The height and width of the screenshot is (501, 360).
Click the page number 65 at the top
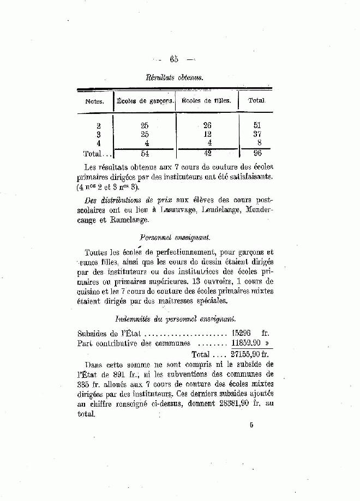tap(175, 59)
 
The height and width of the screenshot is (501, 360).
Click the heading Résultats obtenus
tap(174, 78)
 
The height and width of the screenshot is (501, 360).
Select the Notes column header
tap(94, 101)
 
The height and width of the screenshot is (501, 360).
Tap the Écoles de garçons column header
tap(145, 101)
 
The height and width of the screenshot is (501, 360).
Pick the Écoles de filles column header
tap(206, 101)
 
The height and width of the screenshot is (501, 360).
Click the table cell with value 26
tap(207, 125)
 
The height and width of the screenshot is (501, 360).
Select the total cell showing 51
tap(257, 125)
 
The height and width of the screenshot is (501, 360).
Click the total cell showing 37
tap(257, 134)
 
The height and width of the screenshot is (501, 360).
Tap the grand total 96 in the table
tap(257, 153)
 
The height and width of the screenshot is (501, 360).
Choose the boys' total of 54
tap(145, 153)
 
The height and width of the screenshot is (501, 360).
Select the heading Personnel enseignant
tap(175, 238)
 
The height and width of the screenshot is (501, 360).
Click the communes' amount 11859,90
tap(245, 343)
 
